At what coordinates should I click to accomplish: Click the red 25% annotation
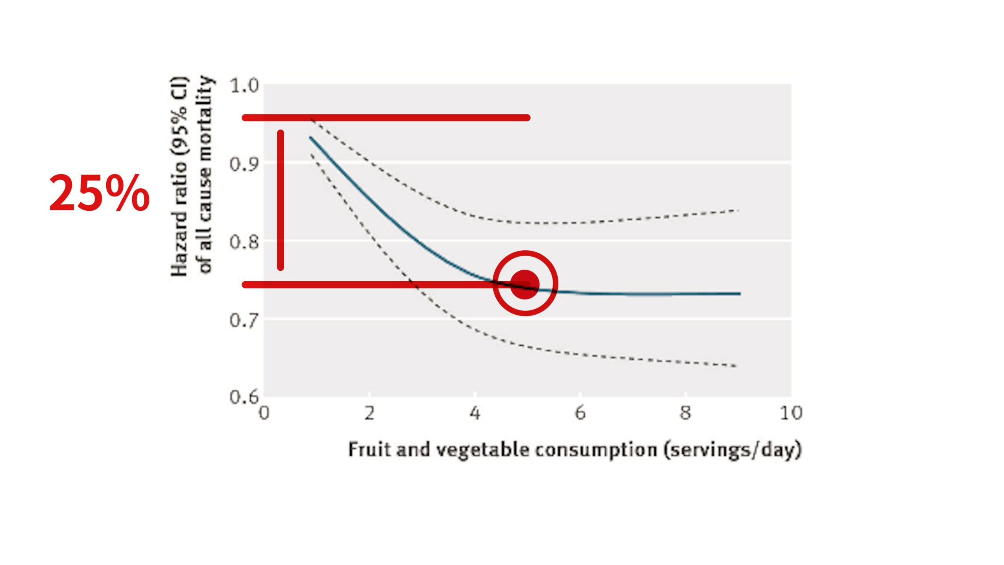(99, 193)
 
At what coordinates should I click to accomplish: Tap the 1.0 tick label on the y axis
(244, 86)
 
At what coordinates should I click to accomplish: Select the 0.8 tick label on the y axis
(244, 242)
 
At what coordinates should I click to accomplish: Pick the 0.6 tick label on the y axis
(244, 397)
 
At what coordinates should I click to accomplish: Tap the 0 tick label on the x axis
(264, 413)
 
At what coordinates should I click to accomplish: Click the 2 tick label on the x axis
(369, 413)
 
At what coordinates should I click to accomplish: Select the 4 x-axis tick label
(475, 413)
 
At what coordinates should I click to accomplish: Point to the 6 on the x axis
(580, 413)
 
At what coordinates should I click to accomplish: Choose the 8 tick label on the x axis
(685, 413)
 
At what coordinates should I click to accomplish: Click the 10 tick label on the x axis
(791, 413)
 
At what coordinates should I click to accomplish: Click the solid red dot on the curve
(525, 284)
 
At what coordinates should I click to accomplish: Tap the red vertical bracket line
(280, 200)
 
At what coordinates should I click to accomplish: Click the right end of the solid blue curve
(739, 293)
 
